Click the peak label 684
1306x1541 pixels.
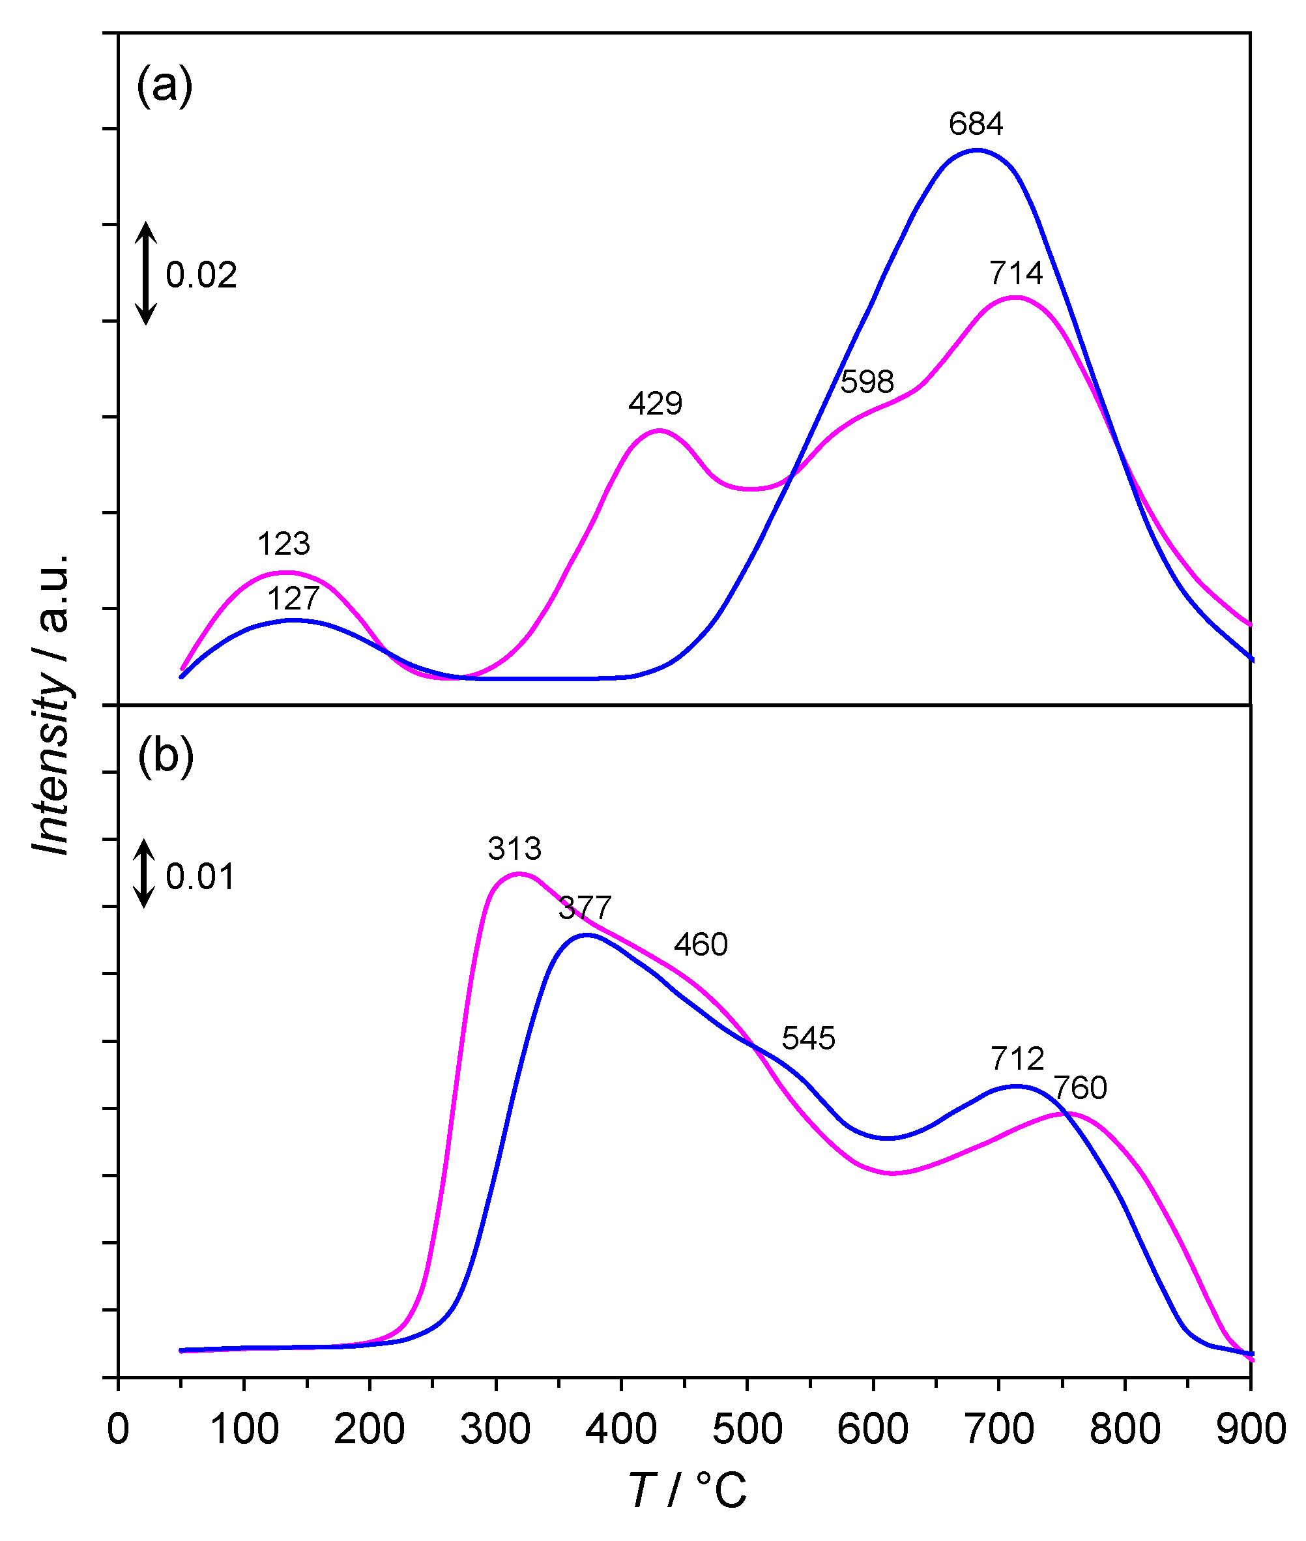[x=976, y=124]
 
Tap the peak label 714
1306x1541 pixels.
[x=1016, y=273]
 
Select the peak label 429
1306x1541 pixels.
[x=655, y=404]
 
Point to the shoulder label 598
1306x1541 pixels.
[x=867, y=382]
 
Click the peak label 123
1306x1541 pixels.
[x=283, y=544]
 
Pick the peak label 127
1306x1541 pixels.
[x=293, y=598]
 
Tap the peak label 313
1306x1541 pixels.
[x=515, y=849]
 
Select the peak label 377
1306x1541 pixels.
[x=585, y=908]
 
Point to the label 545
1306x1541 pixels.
[x=809, y=1039]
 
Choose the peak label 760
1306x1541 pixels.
[x=1081, y=1088]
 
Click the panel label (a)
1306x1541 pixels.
[x=164, y=87]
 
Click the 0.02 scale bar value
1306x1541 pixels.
[x=201, y=274]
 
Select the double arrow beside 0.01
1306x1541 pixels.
[x=145, y=873]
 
